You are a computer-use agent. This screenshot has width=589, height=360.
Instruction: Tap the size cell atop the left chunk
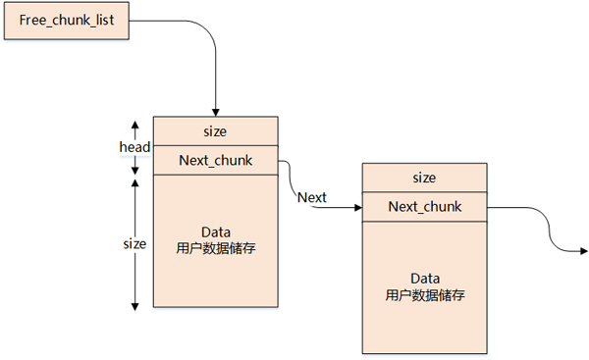click(216, 129)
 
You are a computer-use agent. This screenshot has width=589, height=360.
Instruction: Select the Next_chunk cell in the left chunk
click(216, 161)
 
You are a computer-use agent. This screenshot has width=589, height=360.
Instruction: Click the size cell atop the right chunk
click(424, 178)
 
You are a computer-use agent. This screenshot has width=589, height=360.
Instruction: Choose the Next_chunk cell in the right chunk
click(424, 207)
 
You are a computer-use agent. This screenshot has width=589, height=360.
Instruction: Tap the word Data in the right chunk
click(424, 280)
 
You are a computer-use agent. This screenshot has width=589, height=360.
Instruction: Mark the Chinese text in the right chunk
click(424, 295)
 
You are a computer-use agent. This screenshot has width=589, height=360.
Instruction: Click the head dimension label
click(134, 147)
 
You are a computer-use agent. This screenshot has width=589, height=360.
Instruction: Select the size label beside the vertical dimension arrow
click(134, 243)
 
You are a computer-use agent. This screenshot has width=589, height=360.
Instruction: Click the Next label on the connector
click(312, 197)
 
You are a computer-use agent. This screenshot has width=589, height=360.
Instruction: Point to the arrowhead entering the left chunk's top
click(216, 111)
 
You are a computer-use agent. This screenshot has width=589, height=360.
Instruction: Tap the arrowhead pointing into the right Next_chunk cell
click(356, 207)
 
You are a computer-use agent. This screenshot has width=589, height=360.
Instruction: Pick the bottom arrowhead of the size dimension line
click(134, 305)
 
